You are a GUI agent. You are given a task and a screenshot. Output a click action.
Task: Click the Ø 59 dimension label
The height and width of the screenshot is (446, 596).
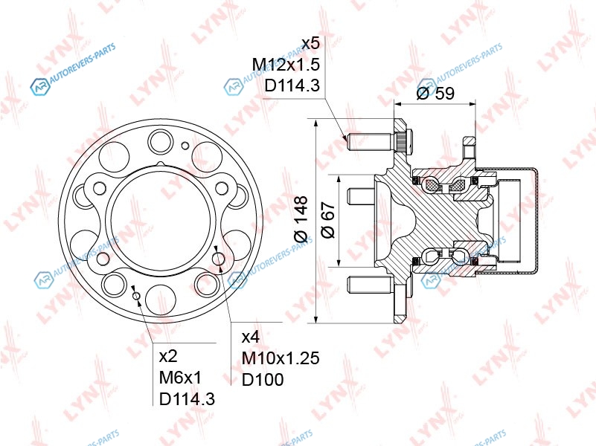point(435,93)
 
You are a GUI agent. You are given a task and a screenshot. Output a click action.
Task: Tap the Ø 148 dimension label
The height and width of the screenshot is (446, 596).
point(301,219)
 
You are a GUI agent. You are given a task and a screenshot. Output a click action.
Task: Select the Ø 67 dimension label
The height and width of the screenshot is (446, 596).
point(328,220)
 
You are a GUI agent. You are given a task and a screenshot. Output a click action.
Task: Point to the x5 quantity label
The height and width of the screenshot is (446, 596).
point(311,43)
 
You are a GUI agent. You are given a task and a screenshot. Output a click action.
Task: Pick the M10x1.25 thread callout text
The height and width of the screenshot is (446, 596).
point(281,358)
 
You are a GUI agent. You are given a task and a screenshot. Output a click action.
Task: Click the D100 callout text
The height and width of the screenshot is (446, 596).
point(263,379)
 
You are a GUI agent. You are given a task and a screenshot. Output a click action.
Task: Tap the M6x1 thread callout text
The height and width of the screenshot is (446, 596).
point(181,378)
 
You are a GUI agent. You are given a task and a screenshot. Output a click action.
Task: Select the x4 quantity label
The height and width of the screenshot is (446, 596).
point(251,337)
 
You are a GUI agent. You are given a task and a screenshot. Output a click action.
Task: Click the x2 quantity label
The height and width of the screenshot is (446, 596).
point(168,356)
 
